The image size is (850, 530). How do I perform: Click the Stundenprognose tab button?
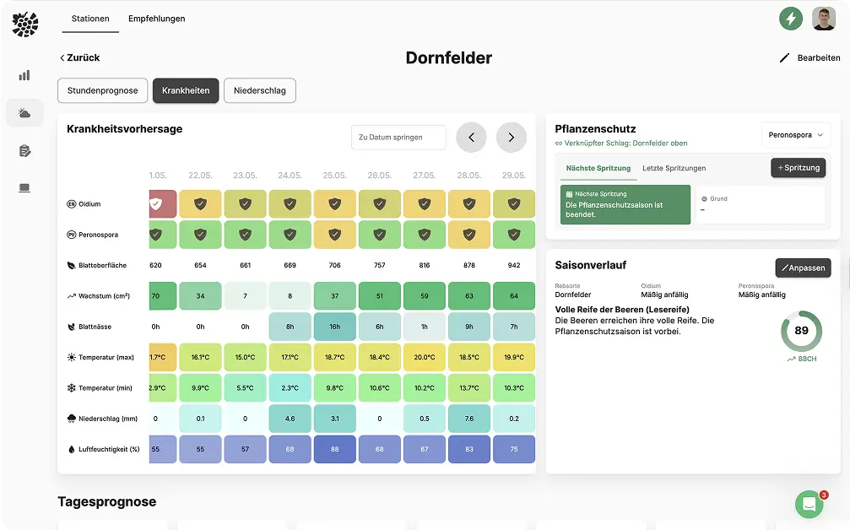pyautogui.click(x=103, y=90)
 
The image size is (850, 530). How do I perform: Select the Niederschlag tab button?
pyautogui.click(x=259, y=90)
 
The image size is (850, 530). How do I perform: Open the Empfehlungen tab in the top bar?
pyautogui.click(x=156, y=19)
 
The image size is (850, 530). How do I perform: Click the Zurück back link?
pyautogui.click(x=79, y=57)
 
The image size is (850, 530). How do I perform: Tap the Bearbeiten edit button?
pyautogui.click(x=809, y=57)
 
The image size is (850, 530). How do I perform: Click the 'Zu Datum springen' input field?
pyautogui.click(x=398, y=138)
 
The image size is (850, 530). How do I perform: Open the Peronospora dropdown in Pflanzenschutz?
pyautogui.click(x=796, y=135)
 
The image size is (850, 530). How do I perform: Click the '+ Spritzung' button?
pyautogui.click(x=798, y=168)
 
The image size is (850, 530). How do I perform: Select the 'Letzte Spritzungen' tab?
pyautogui.click(x=674, y=168)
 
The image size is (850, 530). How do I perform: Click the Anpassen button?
pyautogui.click(x=803, y=268)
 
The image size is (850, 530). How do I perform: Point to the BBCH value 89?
pyautogui.click(x=801, y=330)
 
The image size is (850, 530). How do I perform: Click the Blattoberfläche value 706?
pyautogui.click(x=335, y=265)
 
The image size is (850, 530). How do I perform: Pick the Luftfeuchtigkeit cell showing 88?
pyautogui.click(x=335, y=449)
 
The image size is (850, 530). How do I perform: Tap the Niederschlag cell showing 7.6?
pyautogui.click(x=469, y=419)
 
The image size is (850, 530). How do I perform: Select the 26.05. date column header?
pyautogui.click(x=380, y=176)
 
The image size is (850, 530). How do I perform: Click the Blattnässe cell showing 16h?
pyautogui.click(x=335, y=327)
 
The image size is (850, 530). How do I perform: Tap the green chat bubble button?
pyautogui.click(x=809, y=505)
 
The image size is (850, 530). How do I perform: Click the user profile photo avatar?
pyautogui.click(x=824, y=19)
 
